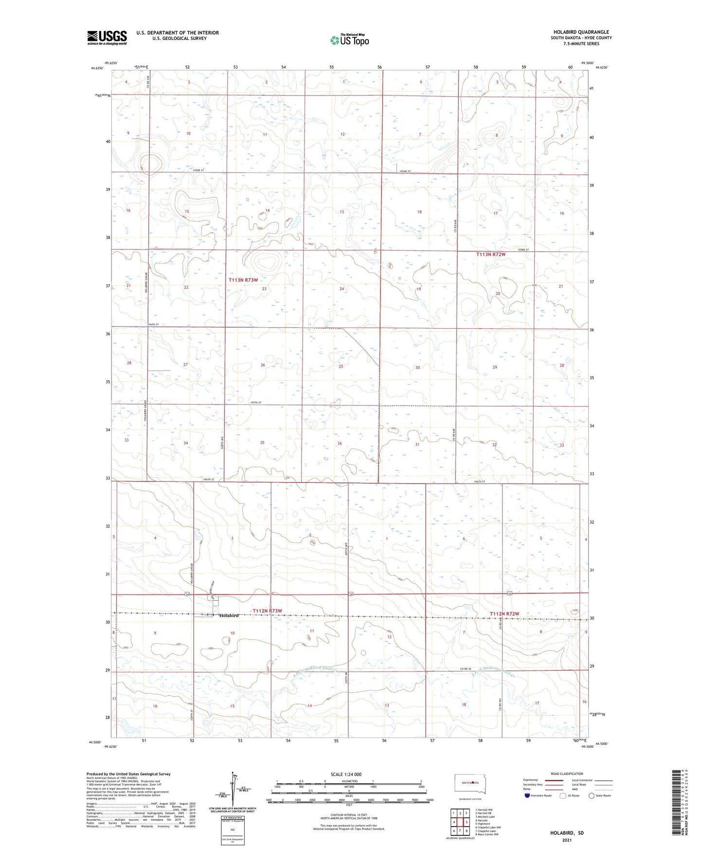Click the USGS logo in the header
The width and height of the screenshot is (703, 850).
[x=107, y=37]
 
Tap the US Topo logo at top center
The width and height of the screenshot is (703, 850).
[x=349, y=39]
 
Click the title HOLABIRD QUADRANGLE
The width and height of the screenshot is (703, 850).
[x=581, y=32]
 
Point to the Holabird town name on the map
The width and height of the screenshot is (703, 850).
[x=229, y=616]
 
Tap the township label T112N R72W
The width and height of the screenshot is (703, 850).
[x=505, y=613]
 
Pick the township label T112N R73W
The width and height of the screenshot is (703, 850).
[x=267, y=610]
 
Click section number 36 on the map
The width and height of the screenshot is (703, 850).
[x=340, y=443]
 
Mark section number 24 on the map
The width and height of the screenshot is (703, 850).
[x=342, y=289]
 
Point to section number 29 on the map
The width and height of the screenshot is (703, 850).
[x=495, y=367]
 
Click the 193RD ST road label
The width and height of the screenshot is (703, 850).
[x=523, y=250]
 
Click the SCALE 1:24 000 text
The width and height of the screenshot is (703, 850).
[x=346, y=775]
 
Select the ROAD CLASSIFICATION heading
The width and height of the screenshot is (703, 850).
[x=567, y=774]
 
